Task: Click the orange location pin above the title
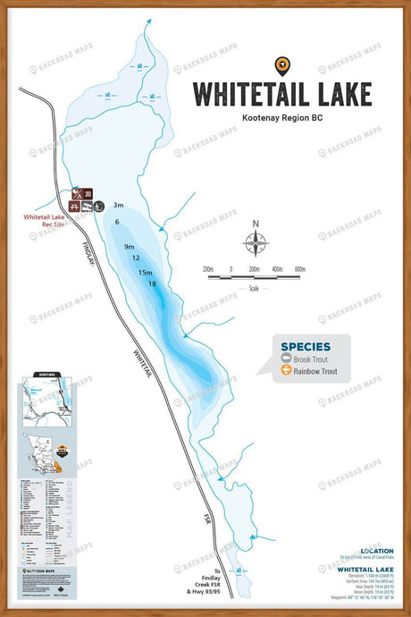pos(282,64)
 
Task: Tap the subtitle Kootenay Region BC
pos(282,117)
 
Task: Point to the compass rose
pos(256,241)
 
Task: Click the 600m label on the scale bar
pos(300,268)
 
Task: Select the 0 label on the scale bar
pos(231,268)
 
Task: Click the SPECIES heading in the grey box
pos(306,347)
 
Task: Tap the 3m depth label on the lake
pos(118,206)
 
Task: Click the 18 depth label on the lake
pos(153,283)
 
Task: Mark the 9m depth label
pos(130,246)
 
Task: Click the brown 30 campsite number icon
pos(88,193)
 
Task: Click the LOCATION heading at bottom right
pos(376,551)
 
